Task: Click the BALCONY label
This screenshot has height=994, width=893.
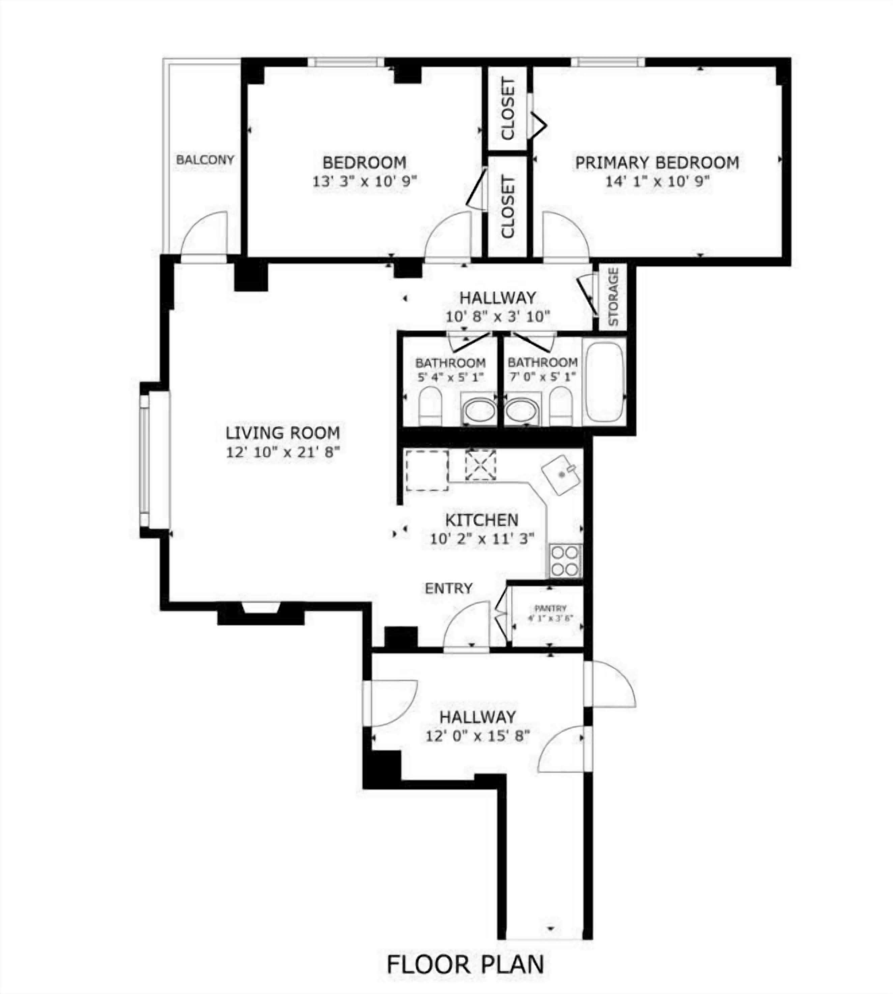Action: pos(205,160)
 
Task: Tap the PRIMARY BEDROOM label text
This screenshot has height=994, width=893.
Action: pos(657,163)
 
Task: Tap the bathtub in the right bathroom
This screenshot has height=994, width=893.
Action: pos(604,382)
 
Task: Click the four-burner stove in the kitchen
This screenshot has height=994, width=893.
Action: pos(565,561)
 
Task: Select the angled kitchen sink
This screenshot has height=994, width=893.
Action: pos(561,474)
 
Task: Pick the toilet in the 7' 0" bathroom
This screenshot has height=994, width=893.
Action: pos(561,406)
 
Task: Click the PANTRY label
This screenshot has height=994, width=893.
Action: pos(550,608)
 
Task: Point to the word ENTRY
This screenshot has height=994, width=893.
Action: pos(449,588)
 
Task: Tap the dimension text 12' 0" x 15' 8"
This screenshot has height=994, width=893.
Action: pos(478,736)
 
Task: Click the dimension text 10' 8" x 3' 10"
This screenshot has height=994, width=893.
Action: pos(497,317)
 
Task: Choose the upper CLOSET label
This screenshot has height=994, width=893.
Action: pos(508,109)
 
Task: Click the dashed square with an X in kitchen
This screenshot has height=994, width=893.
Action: pos(480,465)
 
